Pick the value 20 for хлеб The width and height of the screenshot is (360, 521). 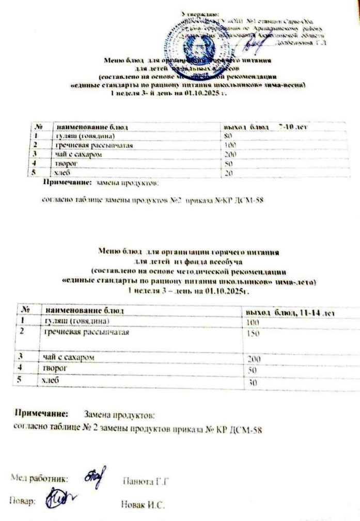click(x=228, y=173)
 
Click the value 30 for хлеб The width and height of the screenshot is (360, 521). click(x=252, y=384)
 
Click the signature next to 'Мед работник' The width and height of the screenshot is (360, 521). click(x=93, y=477)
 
